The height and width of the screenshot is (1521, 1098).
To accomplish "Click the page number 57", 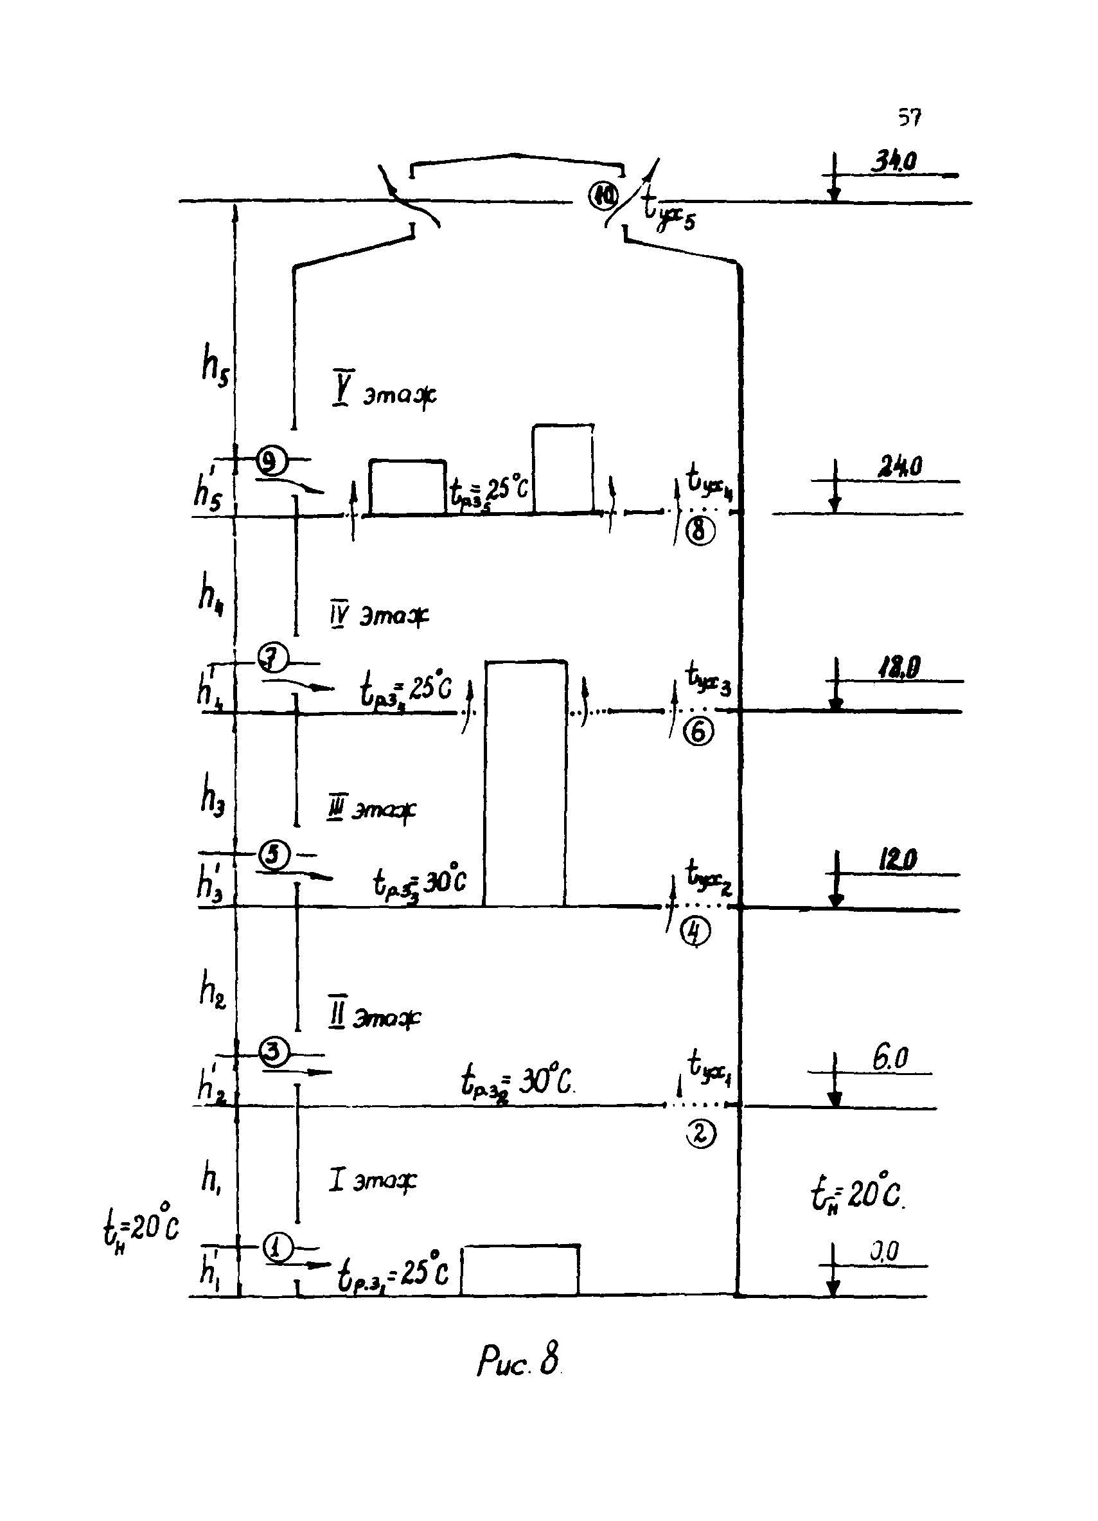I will [x=910, y=118].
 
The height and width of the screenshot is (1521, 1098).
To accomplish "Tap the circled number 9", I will [x=271, y=461].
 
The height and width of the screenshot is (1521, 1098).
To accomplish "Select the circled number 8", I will [x=700, y=531].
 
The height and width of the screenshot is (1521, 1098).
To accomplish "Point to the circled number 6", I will [x=698, y=732].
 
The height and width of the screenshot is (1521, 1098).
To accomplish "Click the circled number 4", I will [x=695, y=932].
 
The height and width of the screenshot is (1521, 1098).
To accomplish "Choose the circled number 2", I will [x=700, y=1134].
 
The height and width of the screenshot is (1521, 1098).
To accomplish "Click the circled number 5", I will [x=274, y=855].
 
